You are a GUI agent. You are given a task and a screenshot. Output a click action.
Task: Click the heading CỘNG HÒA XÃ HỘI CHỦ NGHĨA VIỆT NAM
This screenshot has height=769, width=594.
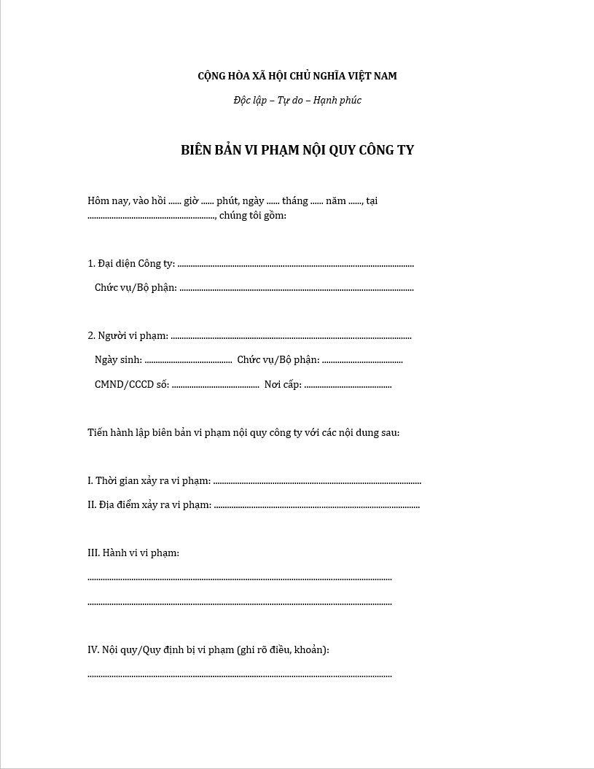click(297, 76)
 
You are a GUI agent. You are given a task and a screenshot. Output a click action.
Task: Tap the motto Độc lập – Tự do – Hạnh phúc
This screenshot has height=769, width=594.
click(297, 101)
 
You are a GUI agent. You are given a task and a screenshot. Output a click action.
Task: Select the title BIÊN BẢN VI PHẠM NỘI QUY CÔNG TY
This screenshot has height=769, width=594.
click(297, 150)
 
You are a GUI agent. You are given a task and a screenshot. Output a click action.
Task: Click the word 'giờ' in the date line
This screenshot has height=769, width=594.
click(192, 200)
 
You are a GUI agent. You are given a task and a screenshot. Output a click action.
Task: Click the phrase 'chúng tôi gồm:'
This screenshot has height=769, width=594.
click(252, 216)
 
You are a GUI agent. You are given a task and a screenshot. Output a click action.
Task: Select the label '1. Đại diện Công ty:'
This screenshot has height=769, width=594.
click(131, 264)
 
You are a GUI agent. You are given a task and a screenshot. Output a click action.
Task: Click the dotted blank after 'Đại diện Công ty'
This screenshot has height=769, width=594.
click(295, 265)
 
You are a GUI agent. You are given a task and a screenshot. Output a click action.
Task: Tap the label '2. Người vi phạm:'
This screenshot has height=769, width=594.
click(128, 336)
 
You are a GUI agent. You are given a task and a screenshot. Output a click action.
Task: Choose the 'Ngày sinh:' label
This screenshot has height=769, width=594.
click(119, 360)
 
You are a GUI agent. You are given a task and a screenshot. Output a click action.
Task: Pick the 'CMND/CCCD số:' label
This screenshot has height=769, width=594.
click(132, 385)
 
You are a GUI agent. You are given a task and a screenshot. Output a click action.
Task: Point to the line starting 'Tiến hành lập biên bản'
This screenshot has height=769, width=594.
click(243, 433)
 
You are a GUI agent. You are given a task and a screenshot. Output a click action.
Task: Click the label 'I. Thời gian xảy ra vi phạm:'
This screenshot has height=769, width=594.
click(149, 481)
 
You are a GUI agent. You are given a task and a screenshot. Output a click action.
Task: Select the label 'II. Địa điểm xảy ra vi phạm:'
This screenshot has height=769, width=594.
click(150, 505)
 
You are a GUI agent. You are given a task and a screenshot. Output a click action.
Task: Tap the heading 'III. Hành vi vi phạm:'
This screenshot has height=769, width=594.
click(133, 553)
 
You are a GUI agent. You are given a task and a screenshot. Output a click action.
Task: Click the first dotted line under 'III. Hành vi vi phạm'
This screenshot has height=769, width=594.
click(240, 579)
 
